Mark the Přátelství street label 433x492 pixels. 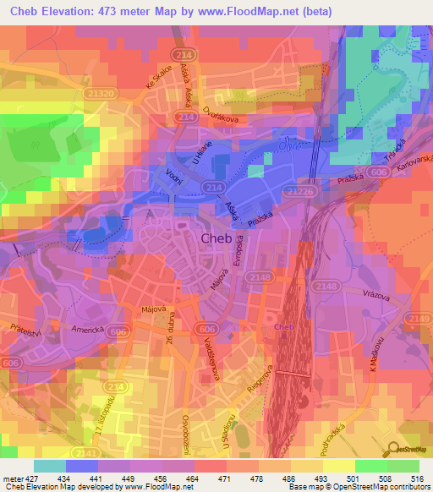[18, 321]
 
